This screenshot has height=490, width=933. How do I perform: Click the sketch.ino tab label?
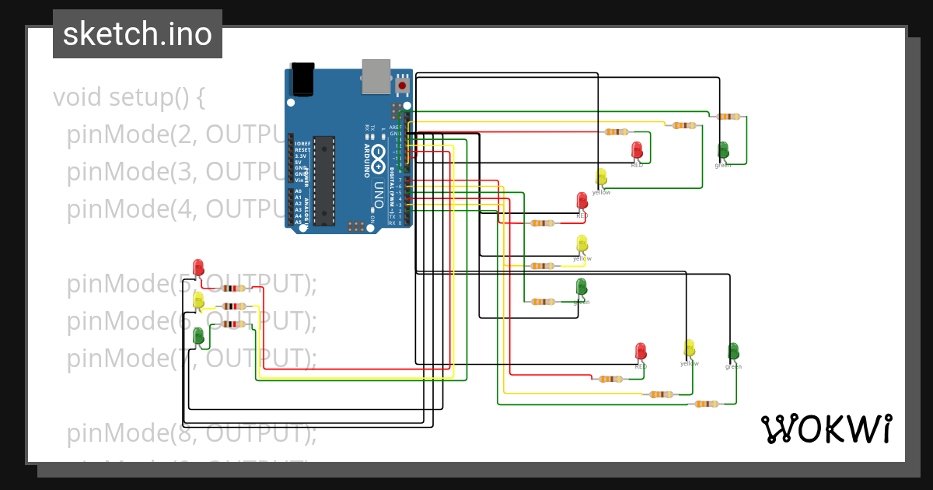click(138, 34)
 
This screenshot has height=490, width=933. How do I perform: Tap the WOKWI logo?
click(826, 429)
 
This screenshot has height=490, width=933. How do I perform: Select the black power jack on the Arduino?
click(302, 79)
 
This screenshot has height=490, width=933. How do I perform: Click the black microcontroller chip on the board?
click(324, 180)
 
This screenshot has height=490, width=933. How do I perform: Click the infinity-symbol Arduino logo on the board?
click(379, 159)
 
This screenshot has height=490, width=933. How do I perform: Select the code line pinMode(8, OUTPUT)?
click(191, 433)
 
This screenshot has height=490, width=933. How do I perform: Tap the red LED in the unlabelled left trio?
click(198, 268)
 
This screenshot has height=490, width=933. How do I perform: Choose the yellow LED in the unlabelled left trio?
click(198, 299)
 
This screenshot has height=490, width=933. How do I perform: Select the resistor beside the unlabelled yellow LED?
click(234, 306)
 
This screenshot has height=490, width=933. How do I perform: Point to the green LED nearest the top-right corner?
click(723, 149)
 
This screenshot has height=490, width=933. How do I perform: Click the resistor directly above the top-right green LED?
click(729, 117)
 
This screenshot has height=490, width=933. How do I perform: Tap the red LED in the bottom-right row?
click(641, 352)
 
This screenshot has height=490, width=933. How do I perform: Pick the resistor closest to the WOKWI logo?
click(706, 404)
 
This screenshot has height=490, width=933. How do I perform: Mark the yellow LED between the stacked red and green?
click(582, 243)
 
